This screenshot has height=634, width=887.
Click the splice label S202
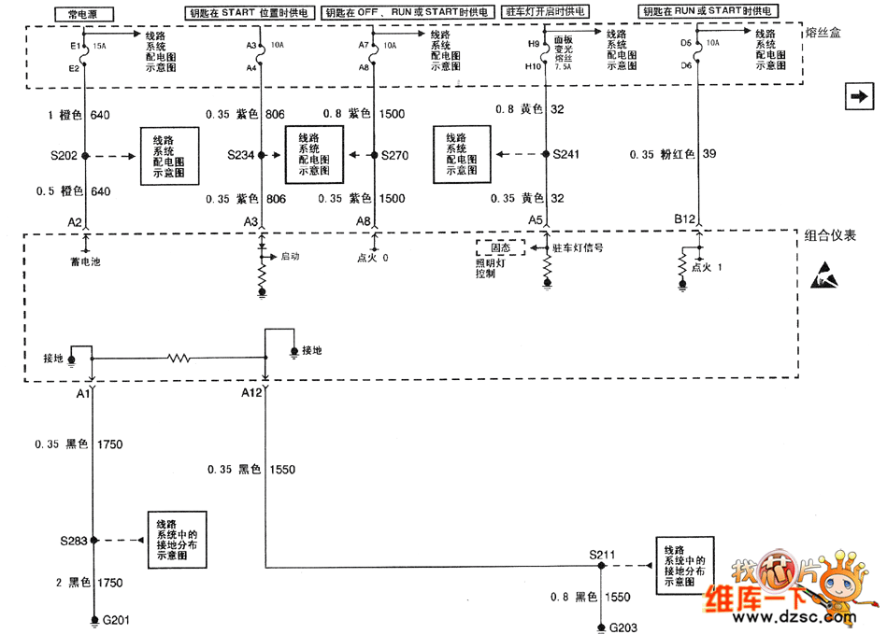coord(64,155)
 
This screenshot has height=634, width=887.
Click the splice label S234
coord(241,155)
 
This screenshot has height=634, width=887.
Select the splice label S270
coord(395,155)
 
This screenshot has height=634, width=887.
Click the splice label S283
coord(73,541)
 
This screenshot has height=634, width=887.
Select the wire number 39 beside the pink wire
coord(709,154)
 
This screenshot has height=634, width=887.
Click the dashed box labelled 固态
coord(494,248)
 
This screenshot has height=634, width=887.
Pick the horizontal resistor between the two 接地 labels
coord(179,356)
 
